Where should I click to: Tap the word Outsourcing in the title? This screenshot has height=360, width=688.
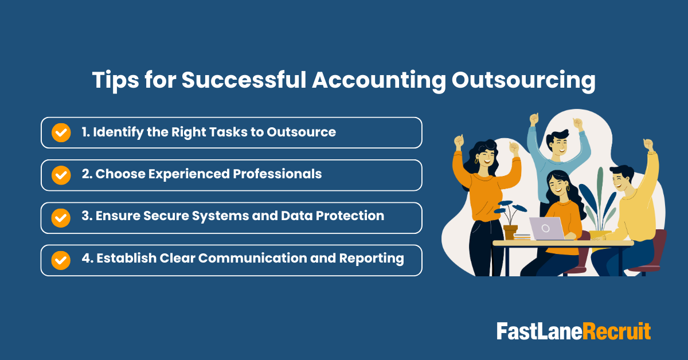point(523,81)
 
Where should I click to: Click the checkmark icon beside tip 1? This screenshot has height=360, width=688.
point(61,132)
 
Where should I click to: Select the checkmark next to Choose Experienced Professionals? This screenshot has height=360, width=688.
point(61,175)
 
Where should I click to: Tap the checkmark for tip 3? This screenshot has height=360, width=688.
point(61,217)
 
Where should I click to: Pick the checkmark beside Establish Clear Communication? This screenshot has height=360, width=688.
point(61,260)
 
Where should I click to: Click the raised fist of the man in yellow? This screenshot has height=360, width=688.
point(648,144)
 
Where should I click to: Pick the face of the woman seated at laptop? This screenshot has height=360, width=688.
point(554,185)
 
